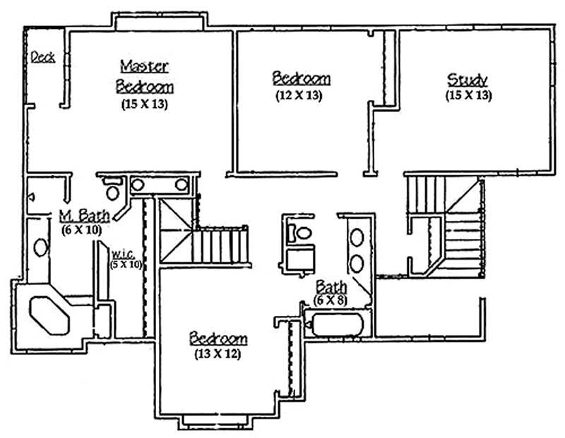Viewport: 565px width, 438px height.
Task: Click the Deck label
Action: (x=43, y=57)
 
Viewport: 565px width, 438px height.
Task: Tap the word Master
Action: (x=144, y=66)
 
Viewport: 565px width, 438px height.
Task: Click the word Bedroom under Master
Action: (x=144, y=87)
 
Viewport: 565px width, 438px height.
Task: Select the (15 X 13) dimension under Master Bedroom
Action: (x=144, y=104)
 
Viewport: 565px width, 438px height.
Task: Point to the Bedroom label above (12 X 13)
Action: (x=301, y=78)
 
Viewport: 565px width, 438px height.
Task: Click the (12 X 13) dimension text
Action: (x=299, y=95)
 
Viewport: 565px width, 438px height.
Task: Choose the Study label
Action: (x=468, y=79)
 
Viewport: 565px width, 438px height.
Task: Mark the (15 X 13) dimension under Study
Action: (x=468, y=95)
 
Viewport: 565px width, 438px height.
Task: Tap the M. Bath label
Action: (x=83, y=214)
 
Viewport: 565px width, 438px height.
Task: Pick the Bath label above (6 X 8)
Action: (x=331, y=287)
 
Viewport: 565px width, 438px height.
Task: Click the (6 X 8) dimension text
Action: (x=330, y=301)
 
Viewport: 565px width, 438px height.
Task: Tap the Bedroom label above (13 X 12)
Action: (x=218, y=339)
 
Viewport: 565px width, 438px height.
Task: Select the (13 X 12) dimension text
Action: (x=218, y=354)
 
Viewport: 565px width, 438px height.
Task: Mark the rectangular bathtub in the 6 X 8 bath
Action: (x=337, y=326)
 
